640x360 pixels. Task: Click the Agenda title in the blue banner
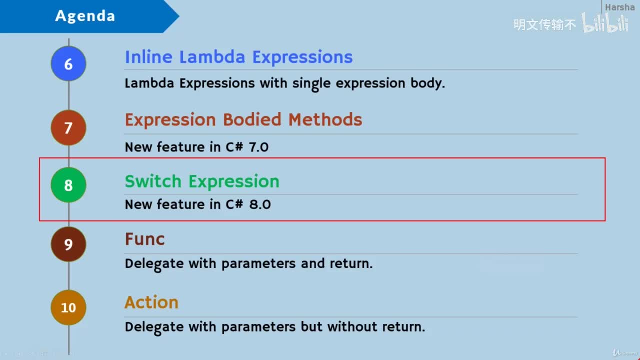85,16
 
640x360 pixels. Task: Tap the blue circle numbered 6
68,64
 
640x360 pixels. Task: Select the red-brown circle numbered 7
68,127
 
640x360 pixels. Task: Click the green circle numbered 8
68,185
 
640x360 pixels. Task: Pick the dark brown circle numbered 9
68,244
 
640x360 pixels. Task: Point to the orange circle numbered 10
68,307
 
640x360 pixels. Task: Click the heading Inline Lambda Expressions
238,57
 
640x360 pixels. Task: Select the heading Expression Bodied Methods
243,120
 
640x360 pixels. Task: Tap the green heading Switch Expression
201,181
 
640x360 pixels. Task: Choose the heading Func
144,239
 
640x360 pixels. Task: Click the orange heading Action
151,302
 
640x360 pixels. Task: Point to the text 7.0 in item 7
258,147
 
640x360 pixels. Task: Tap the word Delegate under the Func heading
154,263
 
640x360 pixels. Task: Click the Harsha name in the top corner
619,7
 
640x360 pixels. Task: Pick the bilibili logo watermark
605,23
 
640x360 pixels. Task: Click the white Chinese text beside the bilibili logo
544,24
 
